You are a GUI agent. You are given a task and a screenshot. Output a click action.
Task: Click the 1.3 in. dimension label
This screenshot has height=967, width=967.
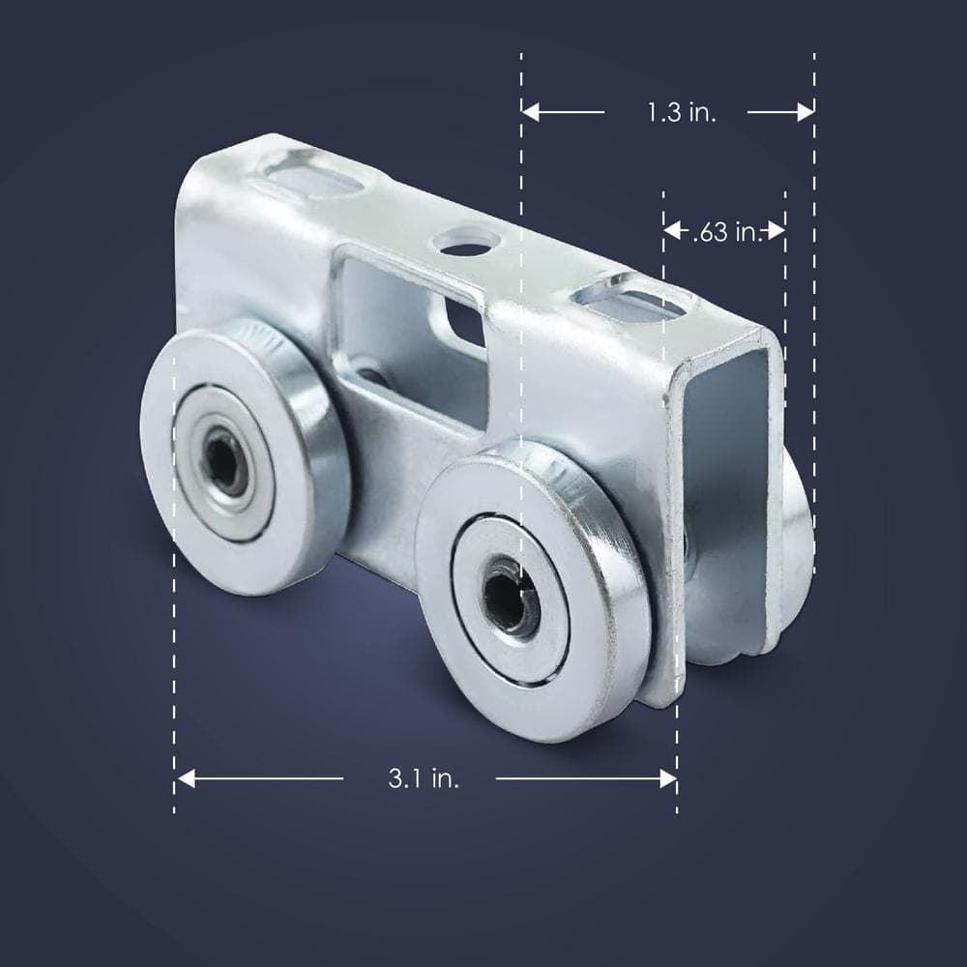tap(682, 113)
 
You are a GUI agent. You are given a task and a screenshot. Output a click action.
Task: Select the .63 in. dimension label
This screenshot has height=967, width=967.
tap(728, 232)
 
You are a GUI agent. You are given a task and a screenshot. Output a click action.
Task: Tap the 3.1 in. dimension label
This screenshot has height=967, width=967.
tap(424, 778)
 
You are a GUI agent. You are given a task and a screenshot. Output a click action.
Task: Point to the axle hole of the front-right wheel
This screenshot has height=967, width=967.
tap(510, 597)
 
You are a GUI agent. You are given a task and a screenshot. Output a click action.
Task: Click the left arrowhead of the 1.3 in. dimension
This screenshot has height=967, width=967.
tap(530, 112)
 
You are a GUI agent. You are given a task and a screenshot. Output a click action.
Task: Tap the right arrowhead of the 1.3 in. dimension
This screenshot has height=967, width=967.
tap(806, 112)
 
